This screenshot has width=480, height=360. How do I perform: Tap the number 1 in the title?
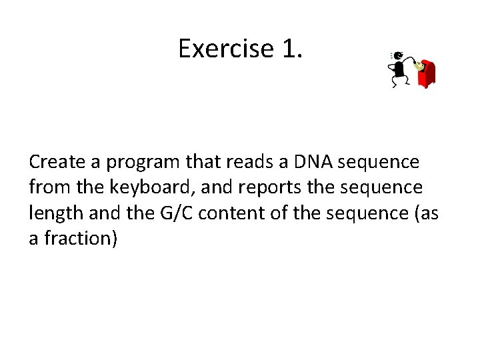click(x=290, y=49)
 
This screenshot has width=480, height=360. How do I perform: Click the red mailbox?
click(x=427, y=75)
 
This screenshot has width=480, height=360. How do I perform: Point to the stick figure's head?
click(x=398, y=56)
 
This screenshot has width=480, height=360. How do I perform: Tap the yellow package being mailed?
click(x=419, y=65)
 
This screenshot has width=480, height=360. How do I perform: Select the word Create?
click(x=56, y=162)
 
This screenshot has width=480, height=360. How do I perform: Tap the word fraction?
click(x=80, y=239)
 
